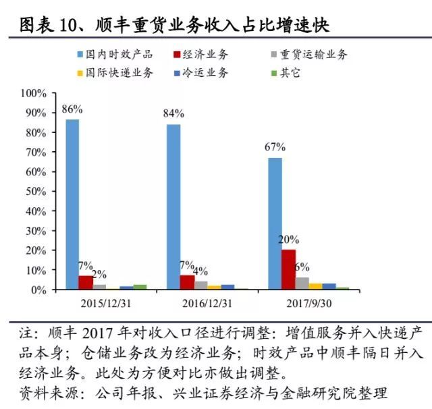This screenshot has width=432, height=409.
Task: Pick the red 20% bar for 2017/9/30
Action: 288,269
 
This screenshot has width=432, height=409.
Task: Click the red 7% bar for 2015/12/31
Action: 86,282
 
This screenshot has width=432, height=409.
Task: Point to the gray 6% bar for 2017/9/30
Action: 302,283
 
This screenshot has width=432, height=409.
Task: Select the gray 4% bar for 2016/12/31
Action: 200,285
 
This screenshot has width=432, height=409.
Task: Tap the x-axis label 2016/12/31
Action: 207,302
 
